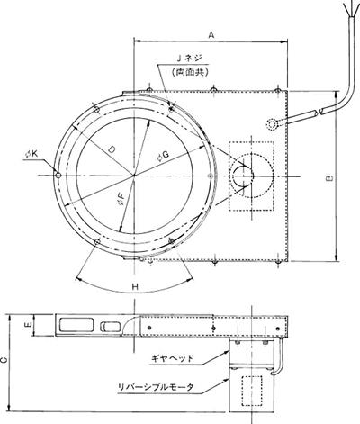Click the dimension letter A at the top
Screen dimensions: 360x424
(x=211, y=35)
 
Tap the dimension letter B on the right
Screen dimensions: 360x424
(x=329, y=177)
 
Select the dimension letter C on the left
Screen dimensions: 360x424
(x=3, y=361)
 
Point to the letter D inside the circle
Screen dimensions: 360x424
(x=112, y=149)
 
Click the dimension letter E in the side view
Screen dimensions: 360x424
(x=29, y=324)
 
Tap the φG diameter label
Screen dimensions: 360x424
(x=164, y=156)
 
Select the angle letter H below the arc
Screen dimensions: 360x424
(x=135, y=286)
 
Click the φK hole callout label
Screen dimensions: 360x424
(x=31, y=154)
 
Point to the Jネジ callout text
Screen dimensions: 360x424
(x=190, y=58)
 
